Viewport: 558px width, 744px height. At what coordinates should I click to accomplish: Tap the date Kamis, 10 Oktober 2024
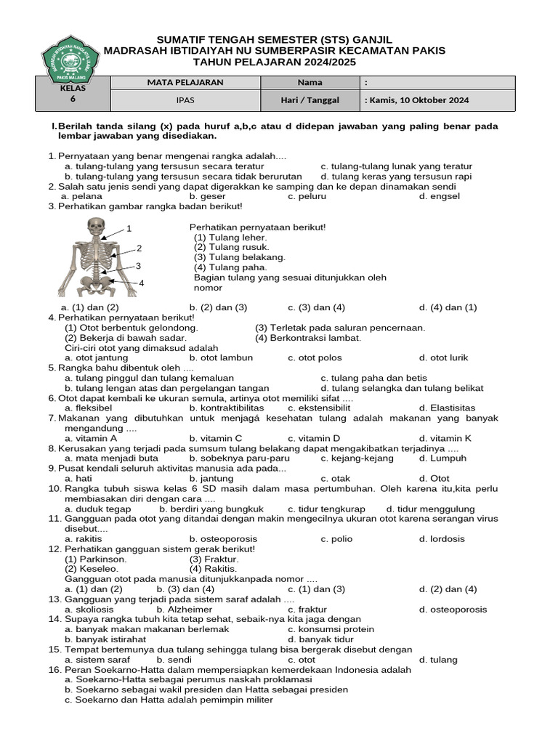coord(417,100)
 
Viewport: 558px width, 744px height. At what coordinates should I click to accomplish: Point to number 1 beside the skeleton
coord(129,229)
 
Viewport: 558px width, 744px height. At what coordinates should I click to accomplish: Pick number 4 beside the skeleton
coord(142,283)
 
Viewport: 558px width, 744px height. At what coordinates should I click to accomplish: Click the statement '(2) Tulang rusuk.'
coord(222,247)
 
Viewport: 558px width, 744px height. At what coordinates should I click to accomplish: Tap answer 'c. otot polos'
coord(315,357)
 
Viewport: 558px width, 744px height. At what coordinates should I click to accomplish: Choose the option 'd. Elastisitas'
coord(448,408)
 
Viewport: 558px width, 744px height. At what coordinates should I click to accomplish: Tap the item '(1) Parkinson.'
coord(96,559)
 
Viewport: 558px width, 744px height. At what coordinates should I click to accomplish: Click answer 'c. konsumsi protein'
coord(331,629)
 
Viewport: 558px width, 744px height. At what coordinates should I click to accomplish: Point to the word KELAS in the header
coord(73,89)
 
